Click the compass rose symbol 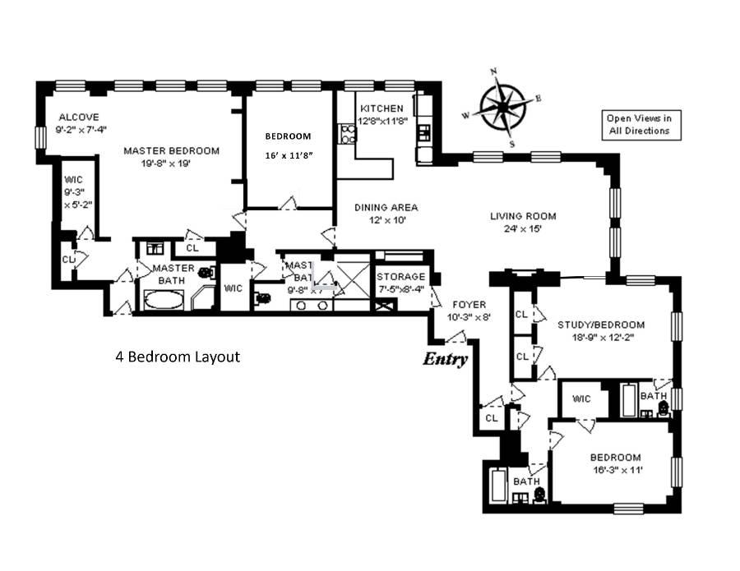(502, 106)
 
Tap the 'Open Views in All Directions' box (639, 124)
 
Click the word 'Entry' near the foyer (446, 359)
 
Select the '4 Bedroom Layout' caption (177, 357)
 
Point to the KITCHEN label (382, 108)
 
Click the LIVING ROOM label (523, 216)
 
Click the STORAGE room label (401, 277)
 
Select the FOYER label (469, 304)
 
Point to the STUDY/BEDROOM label (601, 325)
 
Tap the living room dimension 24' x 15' (523, 229)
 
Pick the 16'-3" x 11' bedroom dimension (615, 471)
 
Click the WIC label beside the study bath (582, 399)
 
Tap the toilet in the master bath (205, 272)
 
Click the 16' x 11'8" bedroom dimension (287, 154)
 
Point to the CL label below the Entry (492, 417)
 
